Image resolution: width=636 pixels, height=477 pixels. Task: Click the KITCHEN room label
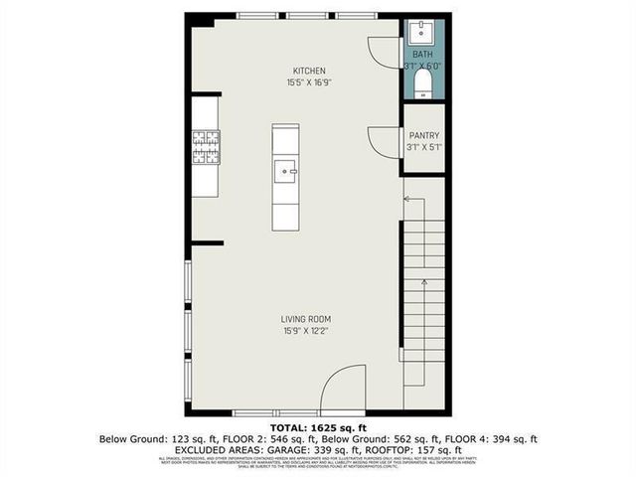[309, 71]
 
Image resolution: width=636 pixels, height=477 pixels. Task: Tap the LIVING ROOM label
[305, 319]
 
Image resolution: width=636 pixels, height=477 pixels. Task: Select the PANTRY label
[424, 136]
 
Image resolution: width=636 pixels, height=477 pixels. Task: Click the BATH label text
[423, 55]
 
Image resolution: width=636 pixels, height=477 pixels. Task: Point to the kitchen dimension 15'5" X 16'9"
[309, 82]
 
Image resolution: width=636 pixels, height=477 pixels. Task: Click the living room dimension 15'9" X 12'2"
[305, 331]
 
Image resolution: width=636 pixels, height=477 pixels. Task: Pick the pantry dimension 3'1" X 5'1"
[424, 148]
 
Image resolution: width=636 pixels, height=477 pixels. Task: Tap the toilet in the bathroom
[424, 80]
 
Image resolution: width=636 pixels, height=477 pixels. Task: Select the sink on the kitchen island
[286, 171]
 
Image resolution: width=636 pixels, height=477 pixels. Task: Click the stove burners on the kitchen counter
[206, 147]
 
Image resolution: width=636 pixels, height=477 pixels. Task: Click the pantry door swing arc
[384, 141]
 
